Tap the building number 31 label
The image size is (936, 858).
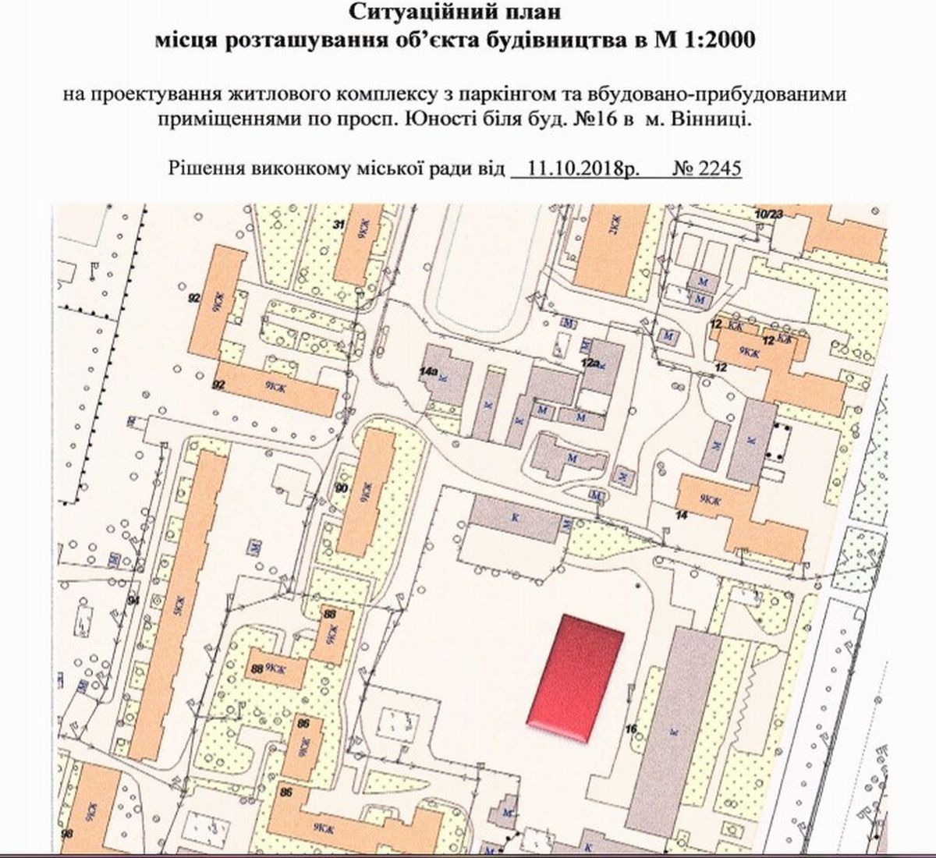click(339, 225)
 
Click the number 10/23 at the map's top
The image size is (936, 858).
click(768, 212)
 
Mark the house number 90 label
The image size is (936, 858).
click(341, 487)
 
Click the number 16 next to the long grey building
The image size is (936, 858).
click(632, 729)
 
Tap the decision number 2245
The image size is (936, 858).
click(721, 167)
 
